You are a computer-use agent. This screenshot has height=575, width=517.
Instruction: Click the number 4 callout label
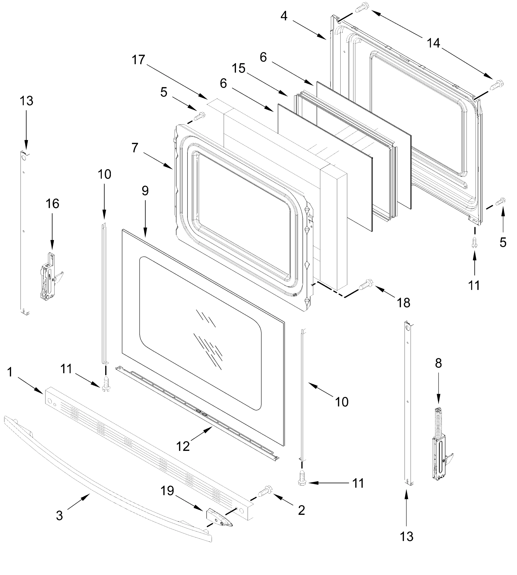[x=284, y=16]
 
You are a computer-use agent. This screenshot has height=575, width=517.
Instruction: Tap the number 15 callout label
[x=238, y=68]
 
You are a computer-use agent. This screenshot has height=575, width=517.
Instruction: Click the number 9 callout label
[x=145, y=191]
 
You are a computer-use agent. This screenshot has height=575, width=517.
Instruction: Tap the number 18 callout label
[x=403, y=303]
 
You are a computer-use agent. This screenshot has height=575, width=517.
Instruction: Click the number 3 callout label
[x=59, y=523]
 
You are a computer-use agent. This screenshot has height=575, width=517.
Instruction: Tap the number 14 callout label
[x=433, y=43]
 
